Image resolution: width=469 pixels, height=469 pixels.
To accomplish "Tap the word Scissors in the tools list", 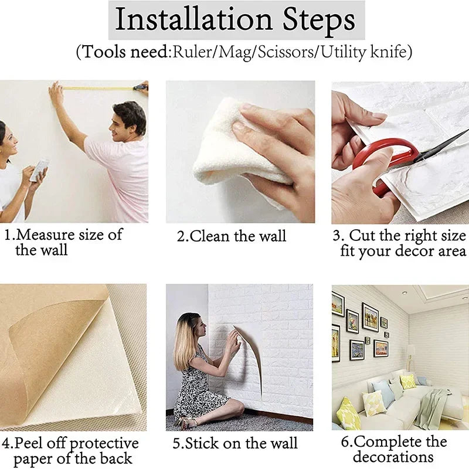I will [286, 52].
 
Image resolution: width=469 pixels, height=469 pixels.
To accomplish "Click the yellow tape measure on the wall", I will [100, 89].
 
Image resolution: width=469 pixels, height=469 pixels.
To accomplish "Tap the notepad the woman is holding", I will [39, 169].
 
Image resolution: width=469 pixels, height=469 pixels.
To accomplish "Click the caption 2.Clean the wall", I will [232, 236].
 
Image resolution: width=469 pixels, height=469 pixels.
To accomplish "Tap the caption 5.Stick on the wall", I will [235, 443].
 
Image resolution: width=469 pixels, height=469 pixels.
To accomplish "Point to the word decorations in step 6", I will [393, 457].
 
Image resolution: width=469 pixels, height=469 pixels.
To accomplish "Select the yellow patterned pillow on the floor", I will [348, 414].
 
